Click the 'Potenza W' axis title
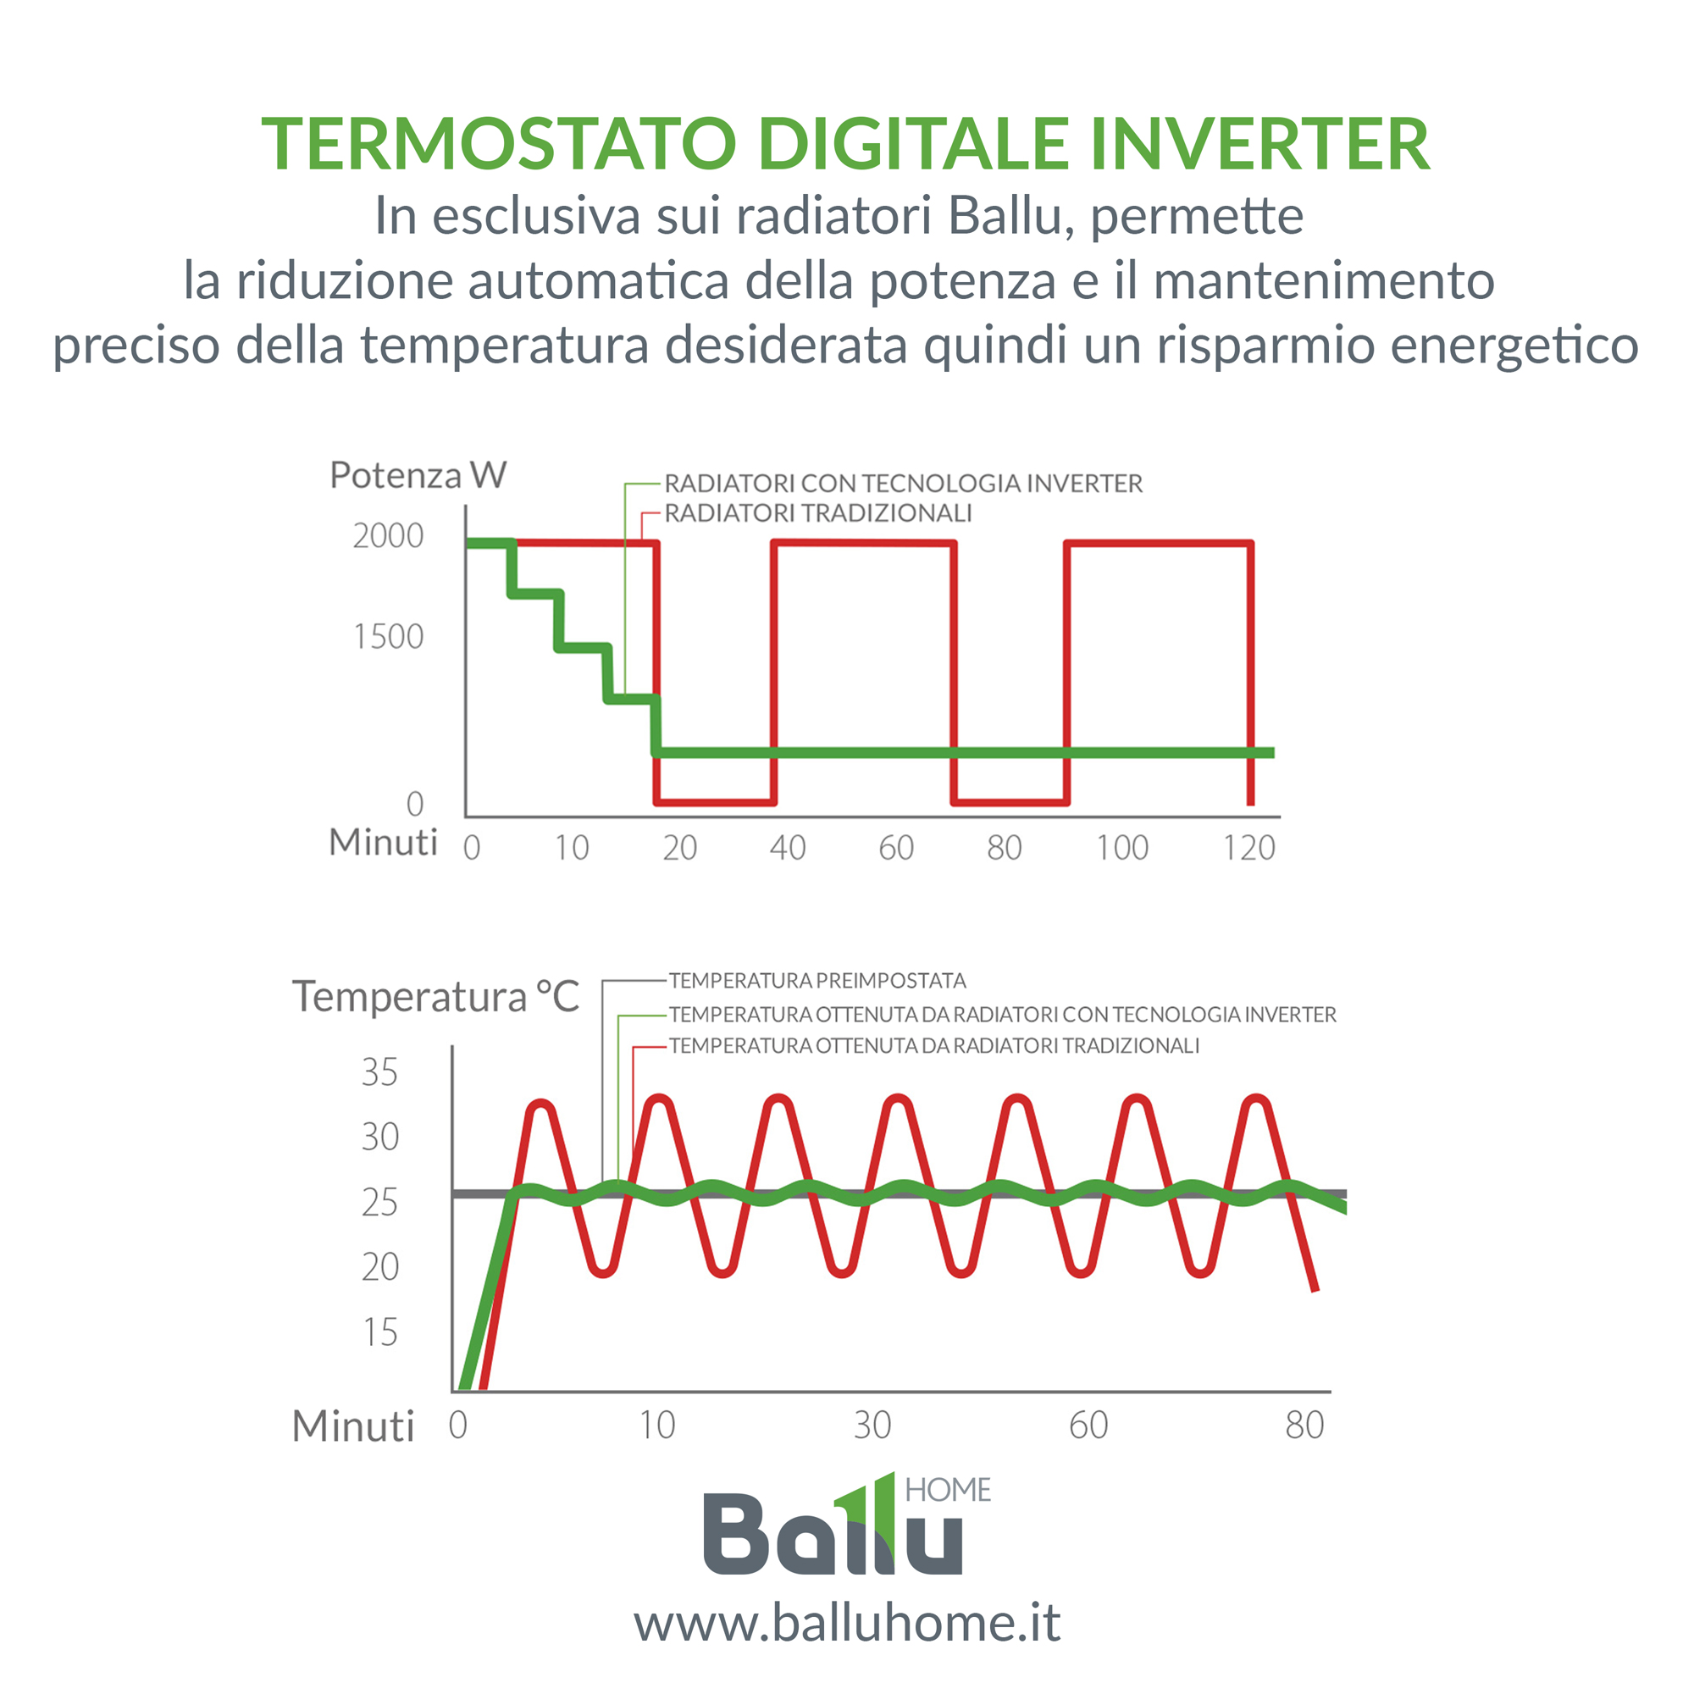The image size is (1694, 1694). click(418, 475)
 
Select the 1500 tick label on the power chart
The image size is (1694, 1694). click(389, 637)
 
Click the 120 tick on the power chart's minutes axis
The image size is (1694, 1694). click(1249, 848)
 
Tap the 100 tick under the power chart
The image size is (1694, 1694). click(1122, 848)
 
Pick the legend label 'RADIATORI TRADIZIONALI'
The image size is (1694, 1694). click(818, 513)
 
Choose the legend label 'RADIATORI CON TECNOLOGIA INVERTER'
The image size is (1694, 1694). click(903, 483)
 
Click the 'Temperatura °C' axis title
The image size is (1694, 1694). click(435, 997)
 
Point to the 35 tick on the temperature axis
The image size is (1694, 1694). click(379, 1072)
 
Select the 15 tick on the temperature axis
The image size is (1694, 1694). click(379, 1331)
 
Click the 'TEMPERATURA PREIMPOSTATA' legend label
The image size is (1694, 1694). click(817, 980)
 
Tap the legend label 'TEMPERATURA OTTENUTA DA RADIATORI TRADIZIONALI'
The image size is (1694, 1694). click(933, 1045)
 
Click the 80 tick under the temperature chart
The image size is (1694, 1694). click(1304, 1425)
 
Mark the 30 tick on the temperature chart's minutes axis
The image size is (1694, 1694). click(872, 1425)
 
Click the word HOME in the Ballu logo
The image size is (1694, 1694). click(948, 1490)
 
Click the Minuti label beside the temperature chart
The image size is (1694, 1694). click(353, 1426)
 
